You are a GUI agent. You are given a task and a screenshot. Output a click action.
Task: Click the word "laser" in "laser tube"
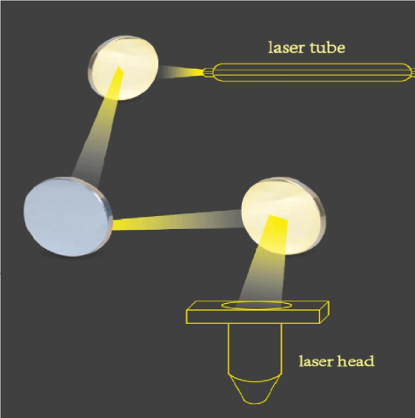tap(286, 48)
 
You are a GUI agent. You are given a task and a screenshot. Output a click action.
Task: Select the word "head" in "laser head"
tap(356, 361)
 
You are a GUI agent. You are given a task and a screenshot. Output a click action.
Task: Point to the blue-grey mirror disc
tap(67, 217)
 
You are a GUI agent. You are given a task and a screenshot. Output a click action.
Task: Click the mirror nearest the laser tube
tap(124, 68)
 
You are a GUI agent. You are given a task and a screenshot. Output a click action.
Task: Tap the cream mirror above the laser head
tap(284, 216)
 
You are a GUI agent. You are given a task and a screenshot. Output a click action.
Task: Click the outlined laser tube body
tap(311, 72)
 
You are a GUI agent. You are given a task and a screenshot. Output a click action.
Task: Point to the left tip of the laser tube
tap(204, 72)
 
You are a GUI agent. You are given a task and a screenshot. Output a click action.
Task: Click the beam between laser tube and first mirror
tap(180, 72)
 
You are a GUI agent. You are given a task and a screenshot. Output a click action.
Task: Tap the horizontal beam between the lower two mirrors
tap(177, 220)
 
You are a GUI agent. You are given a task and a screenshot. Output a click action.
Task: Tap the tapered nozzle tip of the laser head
tap(254, 390)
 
